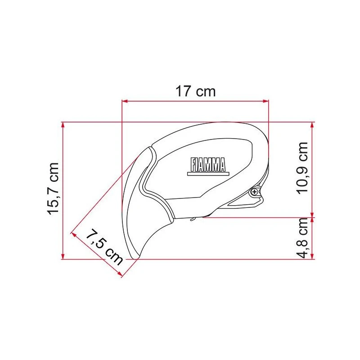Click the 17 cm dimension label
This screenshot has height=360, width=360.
pyautogui.click(x=195, y=92)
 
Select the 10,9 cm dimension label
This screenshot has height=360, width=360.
pyautogui.click(x=302, y=167)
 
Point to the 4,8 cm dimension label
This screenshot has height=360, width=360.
pyautogui.click(x=302, y=238)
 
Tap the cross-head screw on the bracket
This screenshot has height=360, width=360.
pyautogui.click(x=255, y=192)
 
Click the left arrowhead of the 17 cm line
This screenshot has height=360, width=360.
pyautogui.click(x=125, y=101)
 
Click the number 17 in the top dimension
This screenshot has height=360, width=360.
pyautogui.click(x=183, y=92)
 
